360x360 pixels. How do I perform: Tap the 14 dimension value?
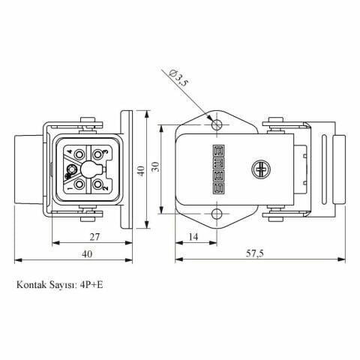pos(194,236)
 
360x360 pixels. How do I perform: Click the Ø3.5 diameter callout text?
pos(179,78)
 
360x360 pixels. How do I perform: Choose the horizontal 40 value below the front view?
pos(88,254)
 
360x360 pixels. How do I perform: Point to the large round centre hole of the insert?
pos(91,169)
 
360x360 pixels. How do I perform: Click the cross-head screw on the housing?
pos(262,169)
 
